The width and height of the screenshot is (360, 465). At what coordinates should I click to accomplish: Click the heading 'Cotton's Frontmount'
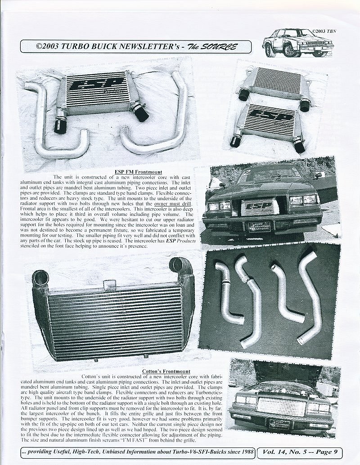[162, 371]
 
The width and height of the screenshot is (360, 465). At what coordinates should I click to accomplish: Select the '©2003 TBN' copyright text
[323, 32]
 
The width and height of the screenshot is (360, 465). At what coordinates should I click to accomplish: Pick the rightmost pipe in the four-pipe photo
[311, 297]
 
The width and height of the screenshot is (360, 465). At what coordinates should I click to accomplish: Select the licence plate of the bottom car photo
[280, 423]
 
